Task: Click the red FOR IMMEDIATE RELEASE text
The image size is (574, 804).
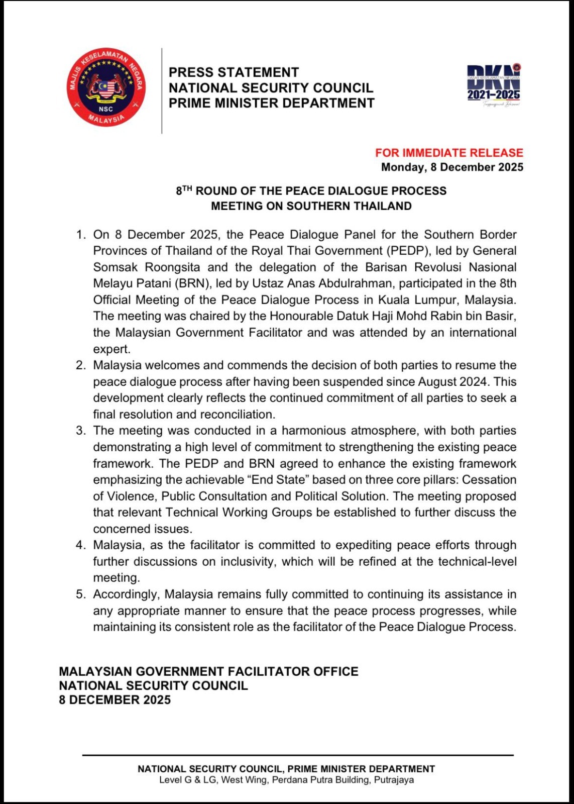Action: [x=449, y=153]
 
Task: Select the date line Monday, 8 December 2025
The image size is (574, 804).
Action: [x=452, y=167]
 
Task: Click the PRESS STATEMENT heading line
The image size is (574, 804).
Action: [x=234, y=72]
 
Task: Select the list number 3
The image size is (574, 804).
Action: [x=81, y=431]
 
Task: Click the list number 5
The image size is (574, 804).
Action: [x=81, y=594]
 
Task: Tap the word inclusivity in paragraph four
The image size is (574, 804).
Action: [x=246, y=562]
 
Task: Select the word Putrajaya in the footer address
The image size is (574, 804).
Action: [x=394, y=780]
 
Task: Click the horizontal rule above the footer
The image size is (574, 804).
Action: [x=297, y=755]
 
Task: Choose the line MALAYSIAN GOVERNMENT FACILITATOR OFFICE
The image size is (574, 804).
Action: [x=208, y=672]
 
